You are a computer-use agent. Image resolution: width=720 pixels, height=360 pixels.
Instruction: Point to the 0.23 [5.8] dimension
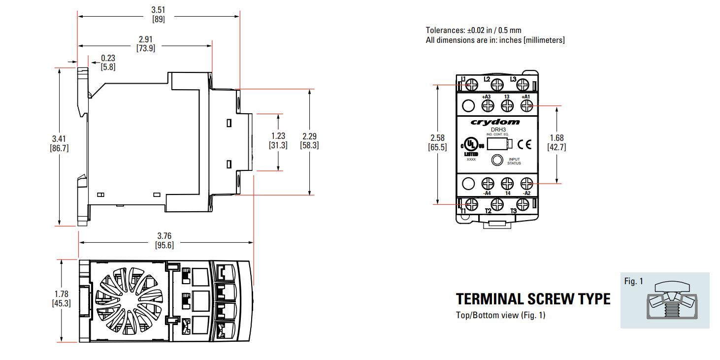(108, 63)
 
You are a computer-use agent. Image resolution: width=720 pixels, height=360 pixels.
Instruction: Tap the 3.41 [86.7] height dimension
(59, 143)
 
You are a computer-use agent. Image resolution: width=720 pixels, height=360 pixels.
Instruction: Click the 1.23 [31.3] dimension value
(278, 141)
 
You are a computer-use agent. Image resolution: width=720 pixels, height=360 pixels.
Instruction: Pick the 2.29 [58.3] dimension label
(309, 141)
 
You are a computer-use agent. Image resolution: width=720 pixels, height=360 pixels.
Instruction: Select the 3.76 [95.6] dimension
(164, 241)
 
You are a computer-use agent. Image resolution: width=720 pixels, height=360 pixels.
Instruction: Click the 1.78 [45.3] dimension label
(61, 299)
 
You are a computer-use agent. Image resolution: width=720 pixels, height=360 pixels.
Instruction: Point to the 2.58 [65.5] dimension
(438, 143)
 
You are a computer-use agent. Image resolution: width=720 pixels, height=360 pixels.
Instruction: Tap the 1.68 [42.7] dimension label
(557, 143)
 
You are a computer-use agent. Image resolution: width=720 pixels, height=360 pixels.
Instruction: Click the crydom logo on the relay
(495, 122)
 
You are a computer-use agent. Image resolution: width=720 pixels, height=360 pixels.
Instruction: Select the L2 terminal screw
(497, 85)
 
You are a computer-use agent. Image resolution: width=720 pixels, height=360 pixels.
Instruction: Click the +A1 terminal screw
(526, 105)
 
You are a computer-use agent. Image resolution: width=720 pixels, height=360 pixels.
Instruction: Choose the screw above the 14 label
(507, 184)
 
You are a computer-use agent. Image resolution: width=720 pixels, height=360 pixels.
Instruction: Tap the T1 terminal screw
(471, 204)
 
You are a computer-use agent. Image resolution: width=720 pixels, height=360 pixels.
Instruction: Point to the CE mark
(525, 144)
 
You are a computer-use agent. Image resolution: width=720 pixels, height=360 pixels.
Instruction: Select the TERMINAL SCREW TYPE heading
(533, 299)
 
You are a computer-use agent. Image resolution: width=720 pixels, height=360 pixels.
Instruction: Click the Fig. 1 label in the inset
(634, 282)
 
